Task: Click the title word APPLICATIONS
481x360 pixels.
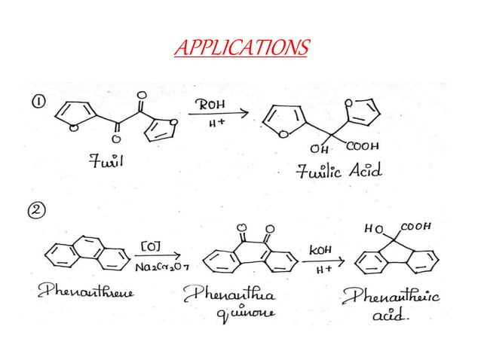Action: pyautogui.click(x=240, y=49)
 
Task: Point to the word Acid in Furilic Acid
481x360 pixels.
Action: pyautogui.click(x=364, y=171)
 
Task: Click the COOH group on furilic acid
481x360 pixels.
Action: pyautogui.click(x=365, y=146)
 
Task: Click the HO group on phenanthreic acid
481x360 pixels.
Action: pyautogui.click(x=374, y=227)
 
